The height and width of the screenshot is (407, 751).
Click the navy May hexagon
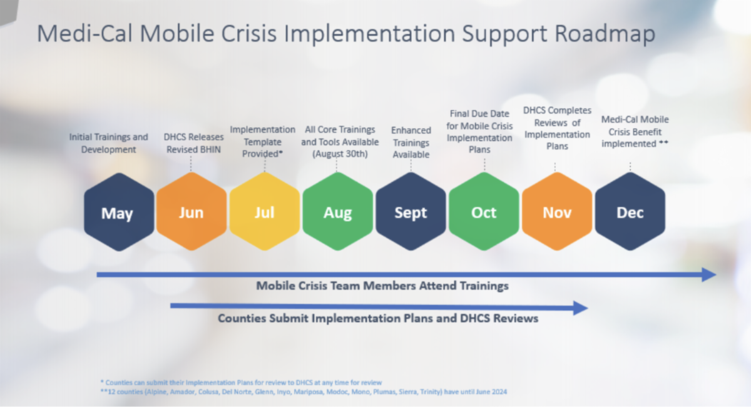[118, 213]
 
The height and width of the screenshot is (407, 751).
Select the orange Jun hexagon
[192, 213]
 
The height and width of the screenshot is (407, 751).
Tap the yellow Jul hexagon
[265, 213]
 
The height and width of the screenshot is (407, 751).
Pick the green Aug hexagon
[337, 213]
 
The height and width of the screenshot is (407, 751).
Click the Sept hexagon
[411, 213]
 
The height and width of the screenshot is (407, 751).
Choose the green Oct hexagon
[484, 213]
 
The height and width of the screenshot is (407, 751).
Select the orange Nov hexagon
[557, 213]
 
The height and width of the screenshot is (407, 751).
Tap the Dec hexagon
[630, 213]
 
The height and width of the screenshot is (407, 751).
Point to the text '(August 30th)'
[340, 153]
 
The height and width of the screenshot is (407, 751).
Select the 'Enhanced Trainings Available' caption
[411, 143]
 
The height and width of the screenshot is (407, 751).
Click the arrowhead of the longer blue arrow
[709, 274]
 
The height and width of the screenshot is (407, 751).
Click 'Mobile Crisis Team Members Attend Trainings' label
[382, 286]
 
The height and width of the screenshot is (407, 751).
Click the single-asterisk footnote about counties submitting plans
[240, 381]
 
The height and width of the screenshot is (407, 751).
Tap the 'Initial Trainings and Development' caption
[108, 143]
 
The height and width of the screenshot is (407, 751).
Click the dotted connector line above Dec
[630, 166]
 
